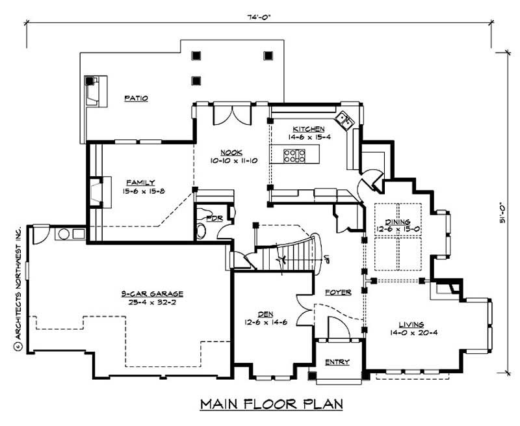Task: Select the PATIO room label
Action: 136,98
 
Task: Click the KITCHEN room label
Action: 308,129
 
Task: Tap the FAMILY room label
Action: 140,183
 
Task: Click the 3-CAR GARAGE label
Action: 151,293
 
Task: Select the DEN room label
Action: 263,313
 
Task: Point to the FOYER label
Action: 339,293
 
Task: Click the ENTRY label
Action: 337,362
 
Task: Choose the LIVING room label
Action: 411,324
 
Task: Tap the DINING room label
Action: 397,222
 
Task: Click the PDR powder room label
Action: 215,219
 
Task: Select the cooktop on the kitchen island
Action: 294,155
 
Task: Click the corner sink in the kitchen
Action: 344,120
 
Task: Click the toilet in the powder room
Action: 201,230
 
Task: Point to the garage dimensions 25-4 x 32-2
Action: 151,302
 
